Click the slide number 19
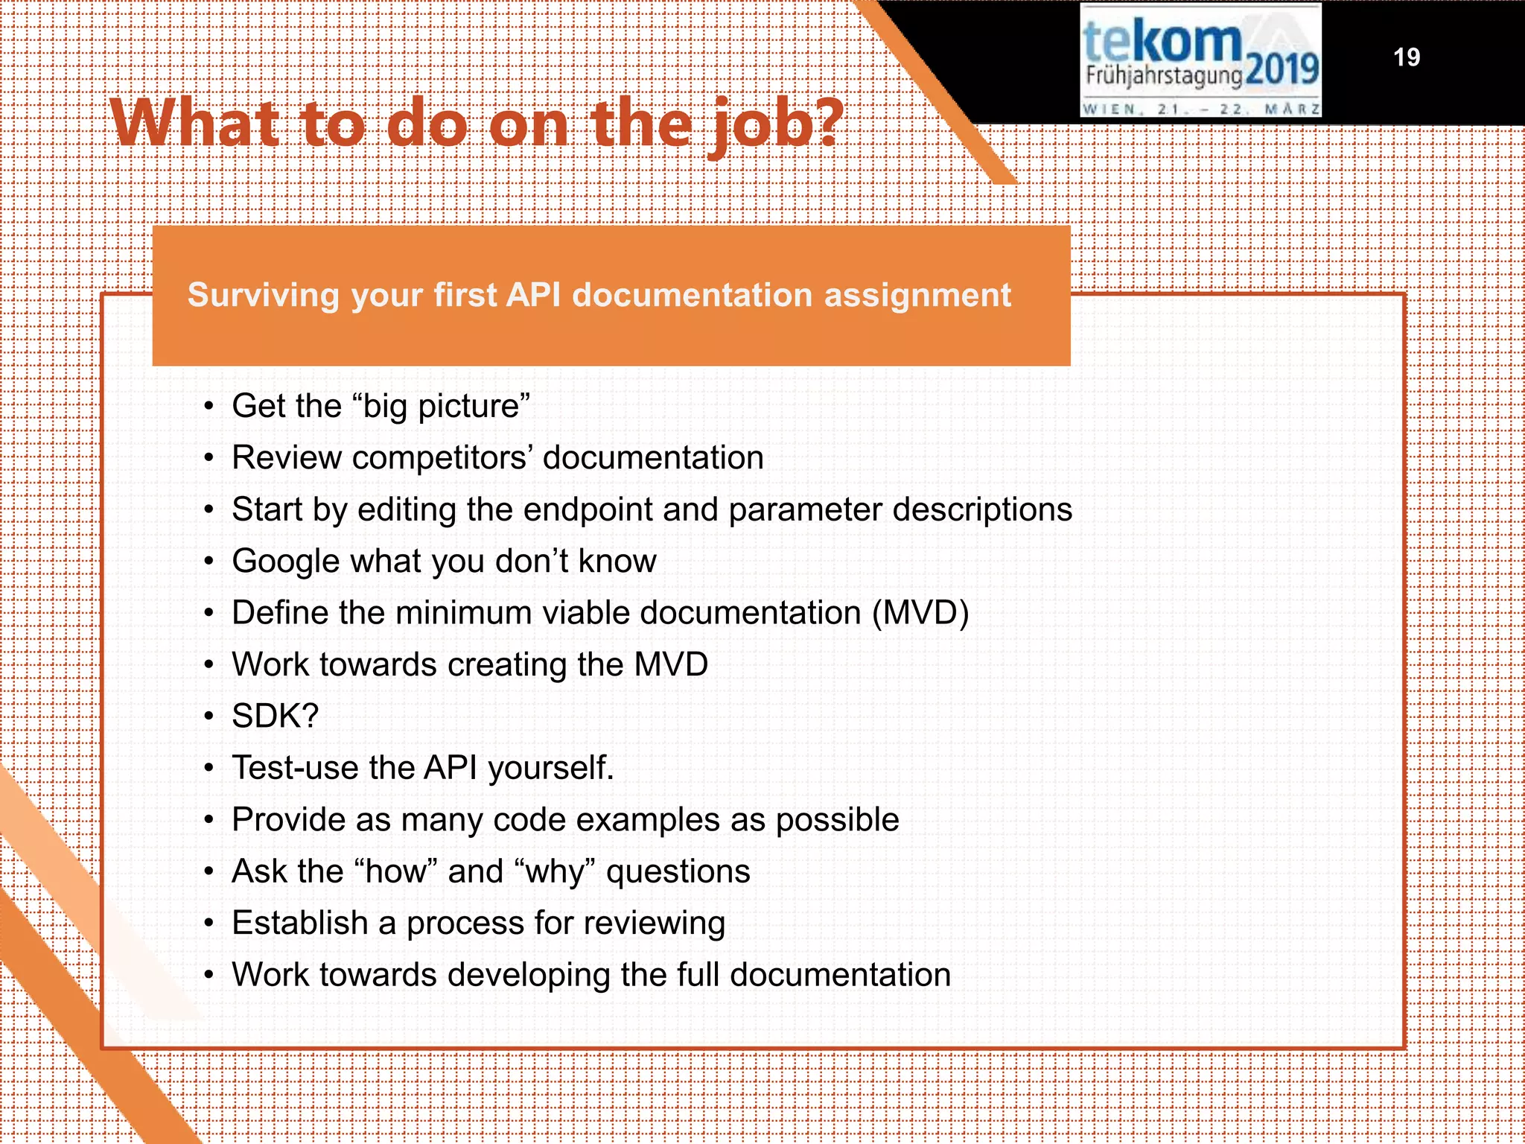tap(1406, 57)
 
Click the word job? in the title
tap(776, 124)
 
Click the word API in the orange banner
tap(533, 295)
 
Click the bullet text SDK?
tap(275, 716)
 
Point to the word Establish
tap(300, 923)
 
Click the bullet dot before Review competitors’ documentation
tap(209, 459)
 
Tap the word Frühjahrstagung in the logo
tap(1164, 76)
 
